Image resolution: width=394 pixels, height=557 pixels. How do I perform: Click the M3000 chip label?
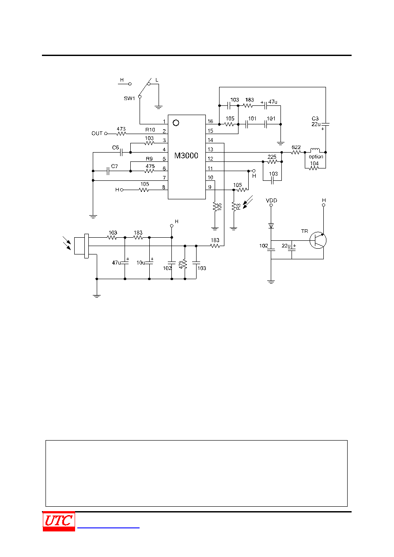coord(186,156)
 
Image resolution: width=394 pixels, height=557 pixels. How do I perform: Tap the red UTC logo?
coord(59,521)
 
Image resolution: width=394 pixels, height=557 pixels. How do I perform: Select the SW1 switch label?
coord(129,98)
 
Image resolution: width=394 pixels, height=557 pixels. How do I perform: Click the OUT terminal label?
coord(97,134)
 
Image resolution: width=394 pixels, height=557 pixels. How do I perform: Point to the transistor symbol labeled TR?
coord(318,240)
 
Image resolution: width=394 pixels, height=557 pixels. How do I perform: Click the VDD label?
coord(271,200)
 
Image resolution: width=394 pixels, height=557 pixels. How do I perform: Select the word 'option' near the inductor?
coord(316,157)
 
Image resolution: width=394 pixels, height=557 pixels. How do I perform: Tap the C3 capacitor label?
coord(315,118)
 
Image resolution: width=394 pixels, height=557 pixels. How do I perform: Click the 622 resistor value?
coord(296,147)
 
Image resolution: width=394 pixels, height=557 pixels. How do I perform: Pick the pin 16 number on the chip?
coord(210,121)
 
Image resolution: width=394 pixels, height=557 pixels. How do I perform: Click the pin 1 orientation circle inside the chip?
coord(176,123)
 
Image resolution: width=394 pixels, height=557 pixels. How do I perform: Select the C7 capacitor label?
coord(114,166)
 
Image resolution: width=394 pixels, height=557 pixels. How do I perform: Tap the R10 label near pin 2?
coord(150,130)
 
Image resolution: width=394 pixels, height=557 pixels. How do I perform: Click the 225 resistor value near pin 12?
coord(272,157)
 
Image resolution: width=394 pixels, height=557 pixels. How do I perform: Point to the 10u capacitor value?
coord(141,262)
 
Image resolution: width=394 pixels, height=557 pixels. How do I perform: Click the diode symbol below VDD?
coord(271,225)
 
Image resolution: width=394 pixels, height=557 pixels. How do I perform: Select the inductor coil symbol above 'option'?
coord(315,150)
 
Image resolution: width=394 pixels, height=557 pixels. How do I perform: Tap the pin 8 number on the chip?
coord(163,187)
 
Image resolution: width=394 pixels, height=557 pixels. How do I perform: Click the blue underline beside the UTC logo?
coord(108,527)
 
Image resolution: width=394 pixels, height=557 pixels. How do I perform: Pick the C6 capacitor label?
coord(115,147)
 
